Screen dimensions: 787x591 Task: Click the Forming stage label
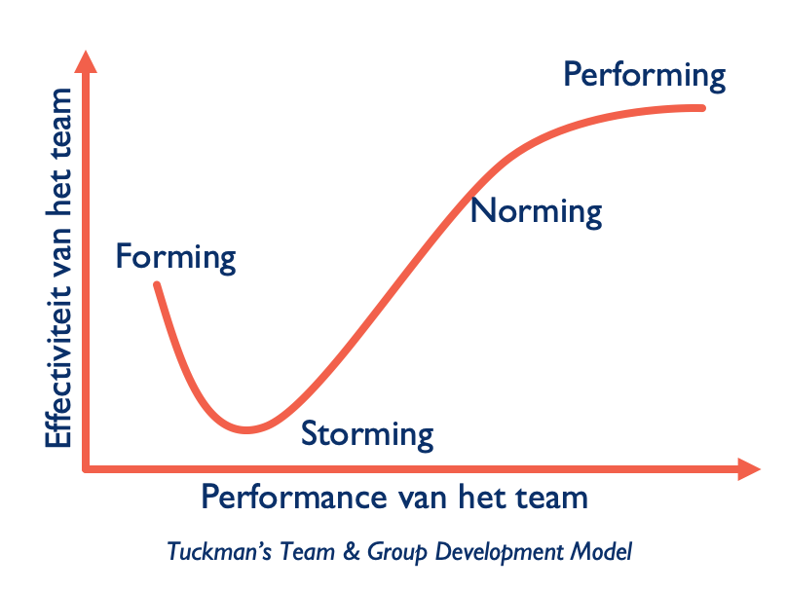point(175,258)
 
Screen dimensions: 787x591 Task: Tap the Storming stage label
point(367,435)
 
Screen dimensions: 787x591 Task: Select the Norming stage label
point(536,212)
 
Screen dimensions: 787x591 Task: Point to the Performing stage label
point(645,76)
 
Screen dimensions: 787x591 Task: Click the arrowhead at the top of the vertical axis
point(86,62)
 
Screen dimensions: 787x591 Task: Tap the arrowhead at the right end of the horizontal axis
point(749,469)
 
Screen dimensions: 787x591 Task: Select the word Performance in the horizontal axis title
point(294,498)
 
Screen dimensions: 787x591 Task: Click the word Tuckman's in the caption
point(219,551)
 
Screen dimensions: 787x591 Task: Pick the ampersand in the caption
point(352,551)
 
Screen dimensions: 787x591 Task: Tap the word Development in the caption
point(499,552)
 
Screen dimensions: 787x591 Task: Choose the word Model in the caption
point(601,551)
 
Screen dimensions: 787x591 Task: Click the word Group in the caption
point(396,552)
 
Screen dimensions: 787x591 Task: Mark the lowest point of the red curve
point(246,430)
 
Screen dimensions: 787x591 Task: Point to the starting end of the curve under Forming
point(157,285)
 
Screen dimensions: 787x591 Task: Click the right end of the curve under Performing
point(702,108)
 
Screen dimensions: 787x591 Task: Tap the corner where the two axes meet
point(86,469)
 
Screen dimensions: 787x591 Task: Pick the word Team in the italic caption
point(307,551)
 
